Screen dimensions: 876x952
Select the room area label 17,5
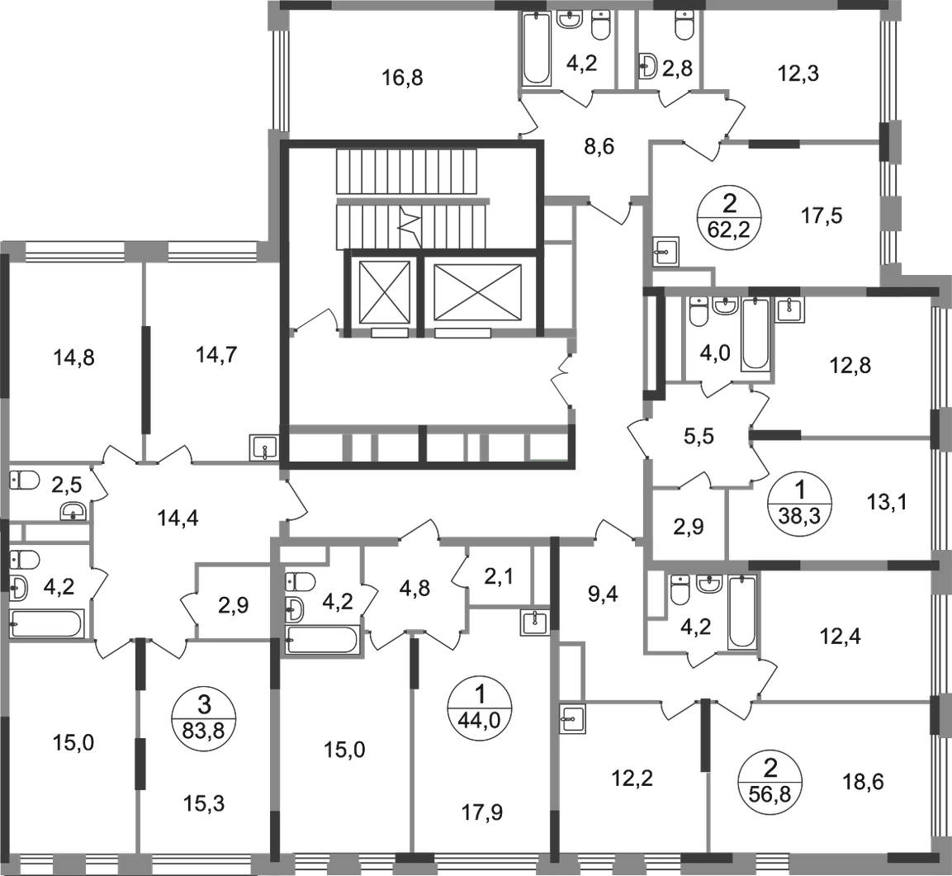(x=823, y=215)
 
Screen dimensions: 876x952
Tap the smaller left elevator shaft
(x=382, y=291)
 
